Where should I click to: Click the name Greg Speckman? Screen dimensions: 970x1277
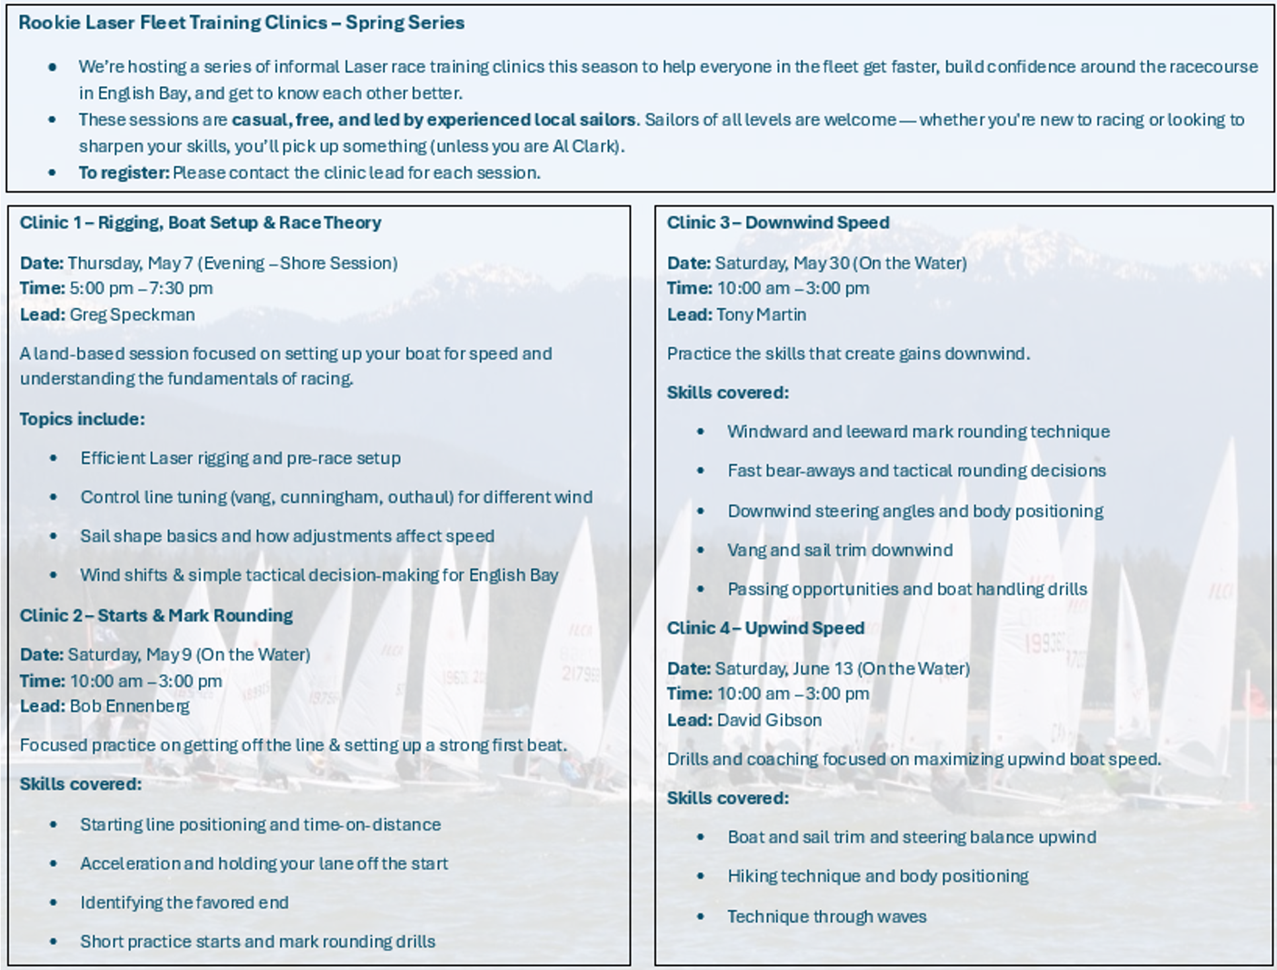tap(132, 315)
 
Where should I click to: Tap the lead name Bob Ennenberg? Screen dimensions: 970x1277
tap(129, 706)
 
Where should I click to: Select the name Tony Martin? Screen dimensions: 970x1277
tap(761, 315)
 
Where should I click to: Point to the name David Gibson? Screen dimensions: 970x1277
tap(769, 720)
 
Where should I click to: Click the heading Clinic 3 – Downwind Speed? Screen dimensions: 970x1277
tap(778, 223)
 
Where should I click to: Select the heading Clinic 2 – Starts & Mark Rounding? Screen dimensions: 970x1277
tap(156, 616)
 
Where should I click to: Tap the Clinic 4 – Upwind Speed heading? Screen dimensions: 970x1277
tap(765, 628)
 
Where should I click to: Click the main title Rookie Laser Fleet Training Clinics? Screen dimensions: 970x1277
tap(241, 23)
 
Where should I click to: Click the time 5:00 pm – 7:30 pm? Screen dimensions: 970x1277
tap(141, 289)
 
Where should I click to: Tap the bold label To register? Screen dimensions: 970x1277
tap(124, 173)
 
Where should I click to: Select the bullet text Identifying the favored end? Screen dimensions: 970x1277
tap(184, 903)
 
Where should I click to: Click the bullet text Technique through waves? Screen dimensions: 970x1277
tap(826, 916)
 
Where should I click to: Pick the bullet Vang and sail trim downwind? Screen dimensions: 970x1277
tap(840, 550)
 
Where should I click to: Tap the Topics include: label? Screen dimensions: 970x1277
tap(82, 420)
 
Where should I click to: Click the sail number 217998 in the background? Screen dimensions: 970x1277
tap(581, 673)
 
